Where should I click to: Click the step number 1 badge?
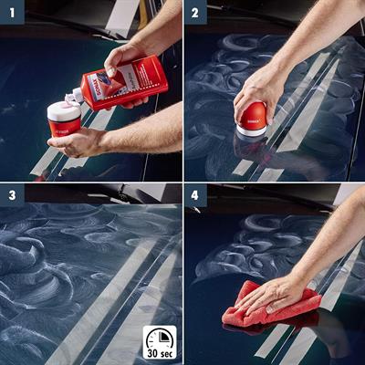coord(11,12)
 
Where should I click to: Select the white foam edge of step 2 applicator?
coord(252,132)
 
